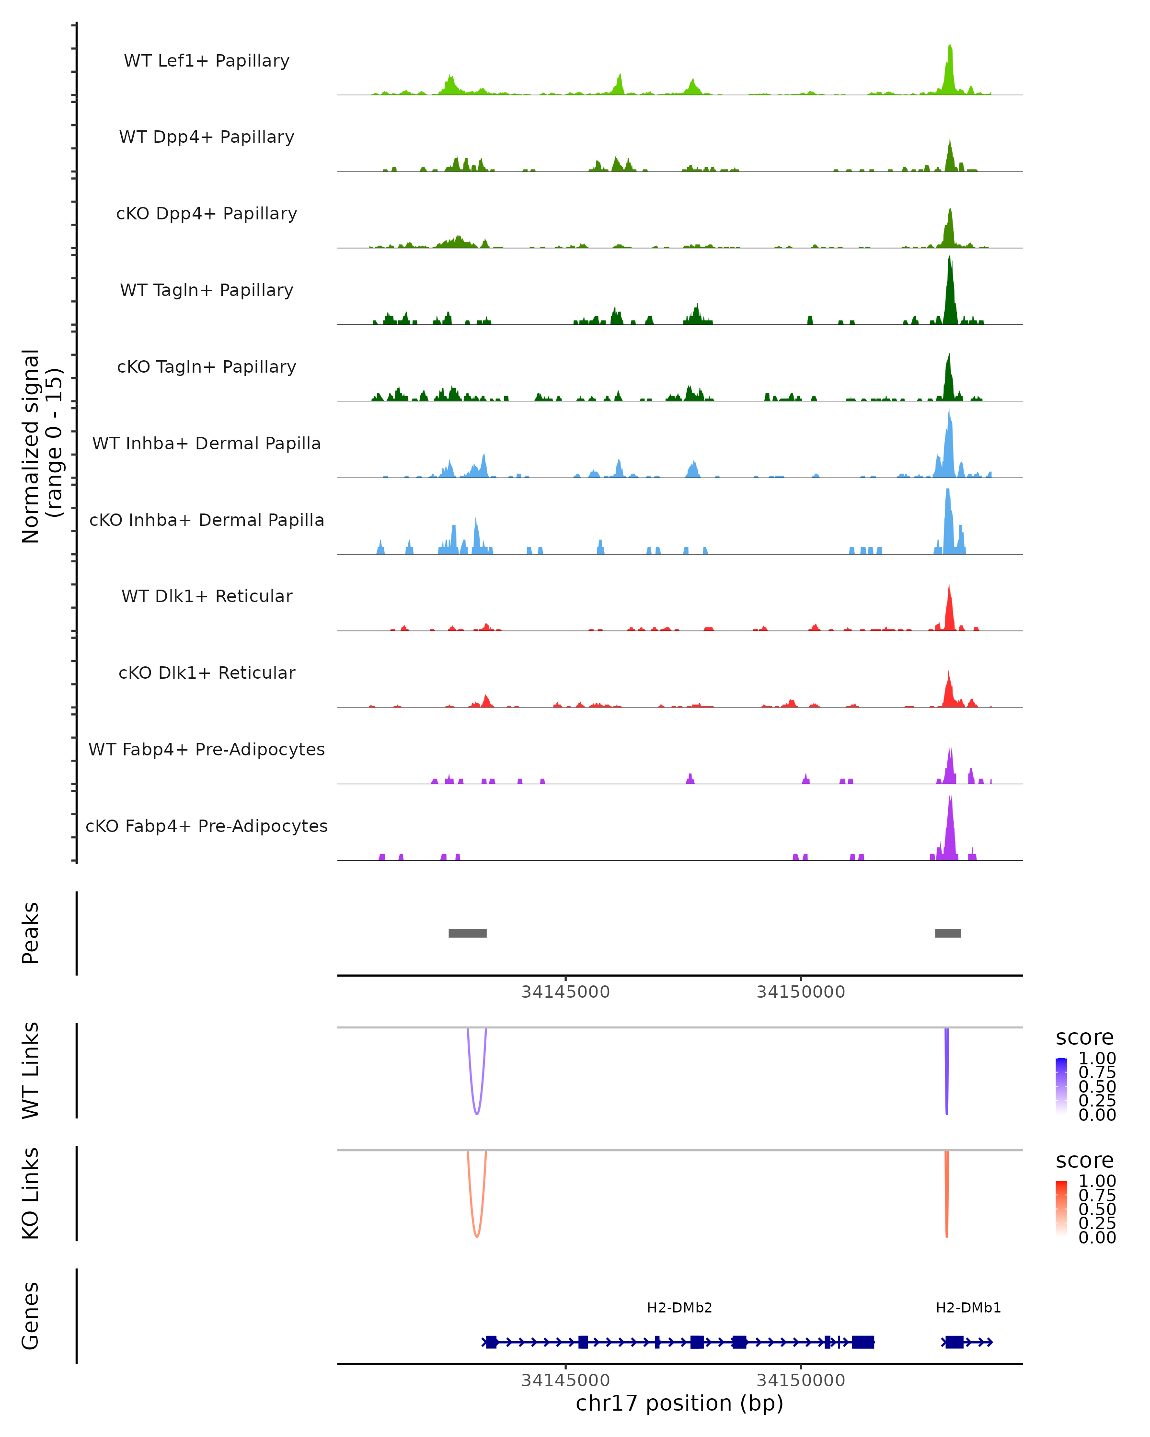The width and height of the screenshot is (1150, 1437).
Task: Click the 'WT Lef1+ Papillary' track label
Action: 207,61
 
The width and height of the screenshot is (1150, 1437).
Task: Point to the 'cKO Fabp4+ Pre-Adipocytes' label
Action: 207,826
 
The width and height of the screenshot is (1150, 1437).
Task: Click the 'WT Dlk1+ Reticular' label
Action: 207,596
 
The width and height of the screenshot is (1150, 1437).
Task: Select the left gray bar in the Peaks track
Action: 467,933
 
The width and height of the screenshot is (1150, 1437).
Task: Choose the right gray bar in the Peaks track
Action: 947,933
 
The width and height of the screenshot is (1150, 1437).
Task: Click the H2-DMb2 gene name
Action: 679,1308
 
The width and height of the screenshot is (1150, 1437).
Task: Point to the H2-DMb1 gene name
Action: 968,1308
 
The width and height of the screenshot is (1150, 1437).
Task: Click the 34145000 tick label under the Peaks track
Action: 565,992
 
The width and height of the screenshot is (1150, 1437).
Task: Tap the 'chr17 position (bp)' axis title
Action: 679,1403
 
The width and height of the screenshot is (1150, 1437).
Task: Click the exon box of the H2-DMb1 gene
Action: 954,1342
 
